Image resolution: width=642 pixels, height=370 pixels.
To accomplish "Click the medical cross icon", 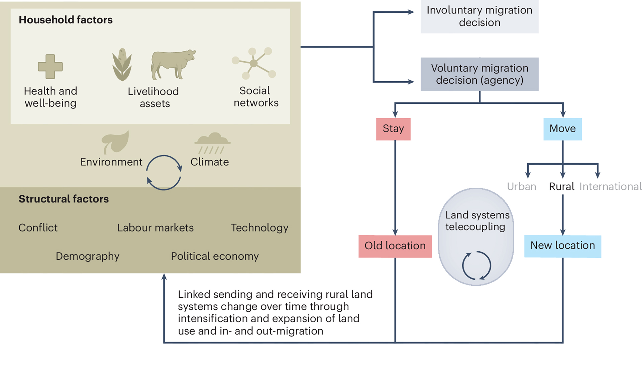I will pos(50,67).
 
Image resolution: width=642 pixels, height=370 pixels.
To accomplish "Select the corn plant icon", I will pos(122,65).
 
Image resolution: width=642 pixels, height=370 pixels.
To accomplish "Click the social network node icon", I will pos(254,63).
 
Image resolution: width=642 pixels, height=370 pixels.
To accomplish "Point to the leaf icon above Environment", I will pos(115,142).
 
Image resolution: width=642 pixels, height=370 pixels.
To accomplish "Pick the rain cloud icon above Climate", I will pos(212,143).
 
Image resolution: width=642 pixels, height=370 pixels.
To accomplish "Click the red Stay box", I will pos(393,129).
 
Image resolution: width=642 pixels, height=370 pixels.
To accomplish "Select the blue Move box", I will pos(562,129).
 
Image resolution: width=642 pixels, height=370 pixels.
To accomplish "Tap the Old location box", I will pos(395,246).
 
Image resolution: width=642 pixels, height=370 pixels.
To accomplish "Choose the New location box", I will pos(562,246).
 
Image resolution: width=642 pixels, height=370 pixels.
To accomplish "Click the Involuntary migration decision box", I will pos(479,16).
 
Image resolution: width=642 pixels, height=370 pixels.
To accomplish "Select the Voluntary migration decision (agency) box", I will pos(479,74).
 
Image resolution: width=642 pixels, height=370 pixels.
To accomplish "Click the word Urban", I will pos(521,186).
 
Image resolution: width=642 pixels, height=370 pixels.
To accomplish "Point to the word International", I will pos(610,186).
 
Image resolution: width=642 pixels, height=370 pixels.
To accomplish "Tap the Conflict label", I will pos(38,228).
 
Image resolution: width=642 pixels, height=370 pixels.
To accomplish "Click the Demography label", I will pos(87,256).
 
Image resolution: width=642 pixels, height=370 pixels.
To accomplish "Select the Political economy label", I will pos(215,256).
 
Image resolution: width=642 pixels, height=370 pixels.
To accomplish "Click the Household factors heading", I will pos(66,20).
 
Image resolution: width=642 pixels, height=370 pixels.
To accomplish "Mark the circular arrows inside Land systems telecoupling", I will pos(476,265).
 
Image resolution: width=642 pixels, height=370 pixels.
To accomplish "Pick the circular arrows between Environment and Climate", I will pos(164,173).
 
